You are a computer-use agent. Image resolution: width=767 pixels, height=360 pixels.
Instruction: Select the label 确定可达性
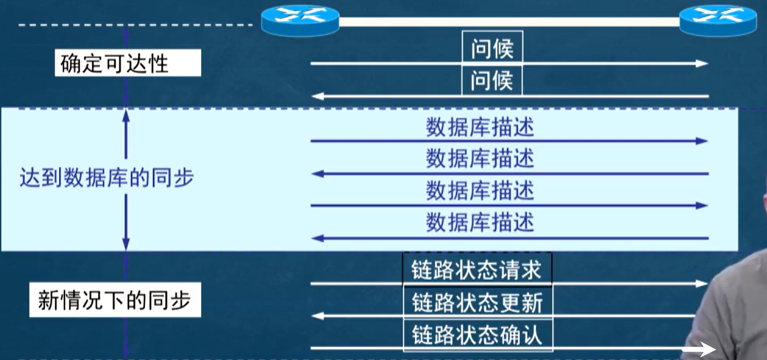point(128,63)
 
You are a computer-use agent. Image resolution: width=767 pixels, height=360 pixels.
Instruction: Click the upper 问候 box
point(492,47)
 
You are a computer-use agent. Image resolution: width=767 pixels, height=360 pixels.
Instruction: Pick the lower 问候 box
point(492,80)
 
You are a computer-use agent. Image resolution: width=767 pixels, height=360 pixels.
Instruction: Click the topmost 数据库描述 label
point(480,127)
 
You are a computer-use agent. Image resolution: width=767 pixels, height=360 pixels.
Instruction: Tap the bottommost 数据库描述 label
point(480,223)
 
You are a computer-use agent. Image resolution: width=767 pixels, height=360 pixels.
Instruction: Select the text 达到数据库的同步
point(107,178)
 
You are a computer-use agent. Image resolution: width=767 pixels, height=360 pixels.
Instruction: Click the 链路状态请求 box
point(477,270)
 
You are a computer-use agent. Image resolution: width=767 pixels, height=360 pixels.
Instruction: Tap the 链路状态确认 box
point(478,334)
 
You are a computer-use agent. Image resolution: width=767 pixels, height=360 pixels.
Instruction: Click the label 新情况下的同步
point(115,300)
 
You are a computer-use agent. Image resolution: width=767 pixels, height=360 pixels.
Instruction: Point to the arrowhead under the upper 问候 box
point(702,63)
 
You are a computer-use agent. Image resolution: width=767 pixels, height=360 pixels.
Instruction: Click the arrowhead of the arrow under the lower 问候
point(318,97)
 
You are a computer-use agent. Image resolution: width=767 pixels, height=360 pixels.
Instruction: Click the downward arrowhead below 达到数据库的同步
point(126,244)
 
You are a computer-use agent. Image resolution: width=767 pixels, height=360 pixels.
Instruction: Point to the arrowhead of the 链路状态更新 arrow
point(318,316)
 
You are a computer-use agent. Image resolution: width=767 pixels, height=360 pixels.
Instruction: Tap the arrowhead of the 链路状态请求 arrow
point(702,284)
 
